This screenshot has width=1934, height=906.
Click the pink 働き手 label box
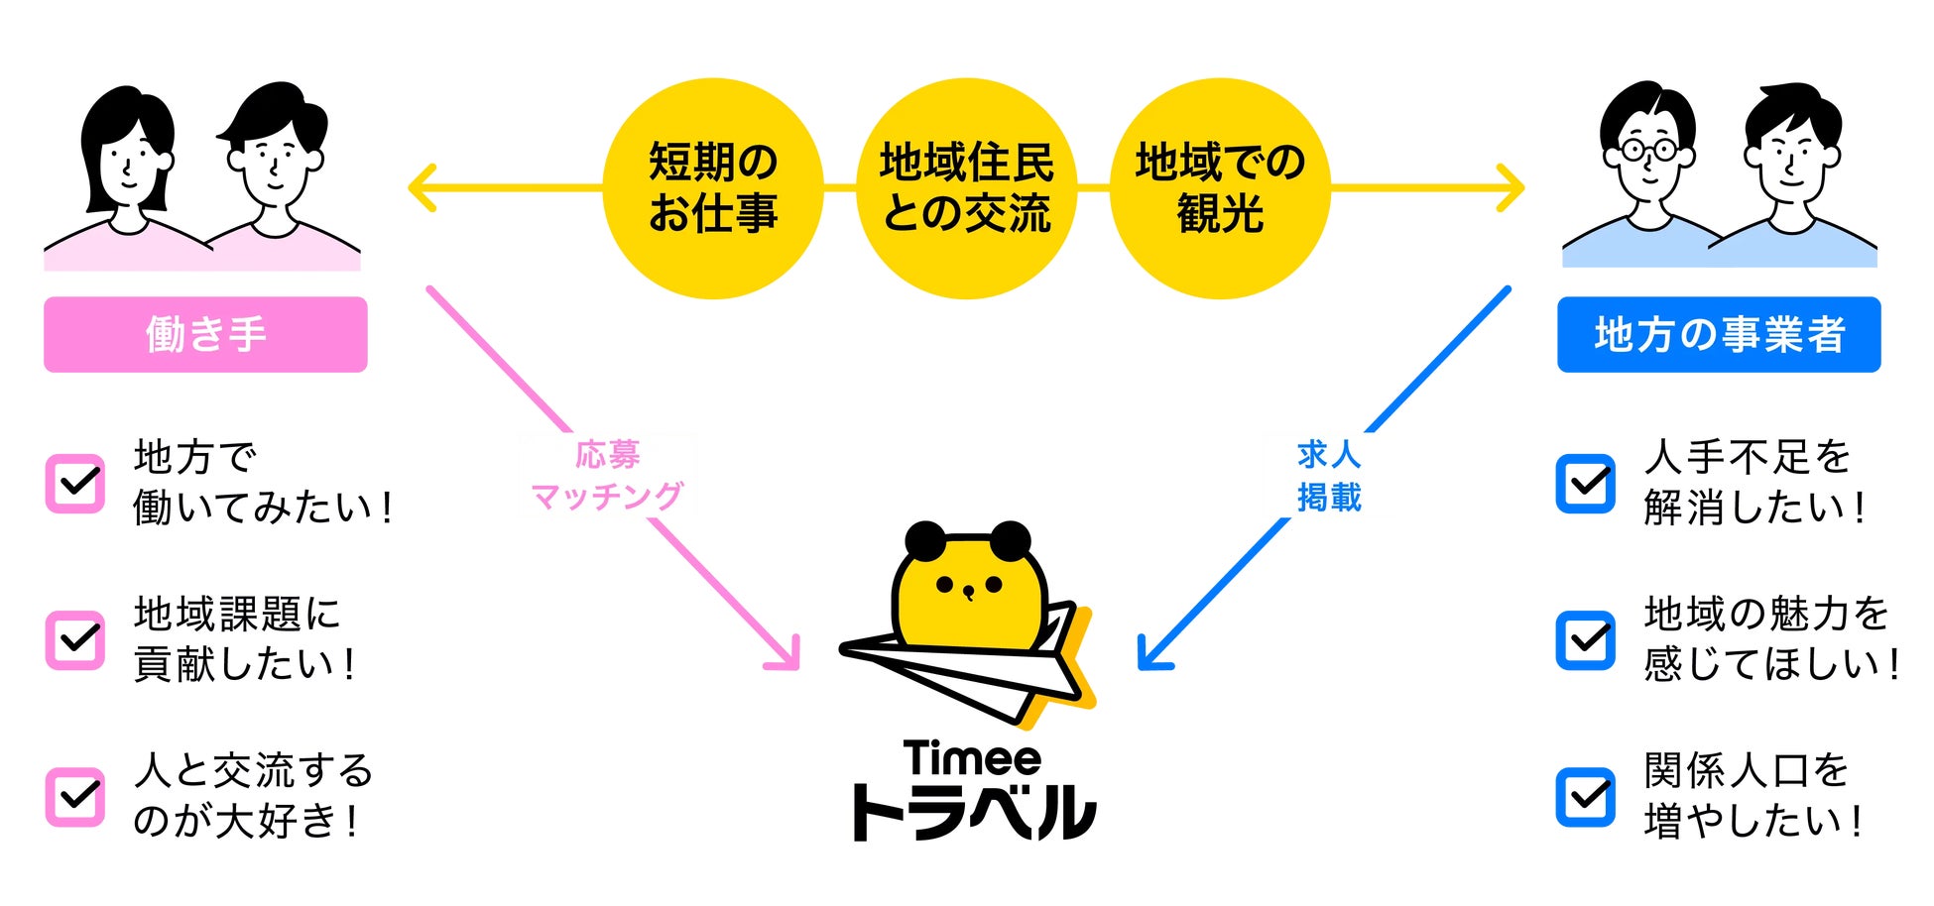click(x=205, y=334)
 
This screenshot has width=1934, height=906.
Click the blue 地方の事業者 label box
click(x=1718, y=334)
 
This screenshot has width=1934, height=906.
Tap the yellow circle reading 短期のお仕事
click(x=713, y=188)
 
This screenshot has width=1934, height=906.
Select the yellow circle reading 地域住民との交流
click(x=967, y=188)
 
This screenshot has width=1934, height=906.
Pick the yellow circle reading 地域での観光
click(x=1220, y=188)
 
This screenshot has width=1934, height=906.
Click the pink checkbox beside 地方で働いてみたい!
click(x=75, y=484)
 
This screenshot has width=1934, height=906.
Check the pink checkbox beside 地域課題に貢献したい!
click(x=75, y=640)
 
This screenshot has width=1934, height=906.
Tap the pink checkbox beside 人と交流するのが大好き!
click(x=75, y=797)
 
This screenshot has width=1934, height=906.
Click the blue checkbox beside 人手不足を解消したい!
click(x=1585, y=484)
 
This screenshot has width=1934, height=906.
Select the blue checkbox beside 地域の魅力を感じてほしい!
click(x=1585, y=640)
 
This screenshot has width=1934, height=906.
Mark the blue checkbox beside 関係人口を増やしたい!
click(x=1585, y=797)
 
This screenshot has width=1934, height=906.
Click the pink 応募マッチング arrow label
click(x=607, y=476)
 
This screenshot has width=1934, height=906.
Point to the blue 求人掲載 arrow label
click(x=1329, y=476)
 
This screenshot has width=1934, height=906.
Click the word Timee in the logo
click(x=972, y=759)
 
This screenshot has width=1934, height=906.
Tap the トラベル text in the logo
click(x=972, y=813)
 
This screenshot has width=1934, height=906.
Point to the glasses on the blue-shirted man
click(x=1647, y=152)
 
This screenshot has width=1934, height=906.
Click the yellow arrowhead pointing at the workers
click(x=423, y=187)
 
